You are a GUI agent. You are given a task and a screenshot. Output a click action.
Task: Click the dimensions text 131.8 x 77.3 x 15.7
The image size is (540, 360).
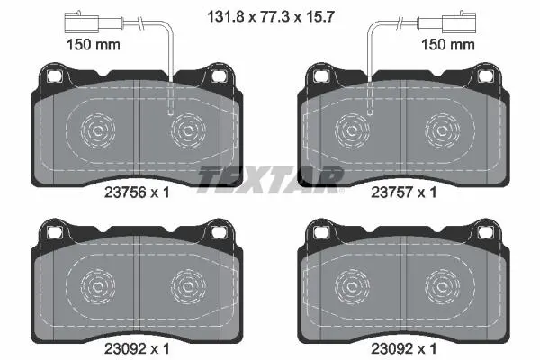point(271,16)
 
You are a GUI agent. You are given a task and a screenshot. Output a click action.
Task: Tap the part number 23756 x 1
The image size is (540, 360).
point(137,193)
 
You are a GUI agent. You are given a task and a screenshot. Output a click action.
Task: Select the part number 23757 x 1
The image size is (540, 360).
point(403,193)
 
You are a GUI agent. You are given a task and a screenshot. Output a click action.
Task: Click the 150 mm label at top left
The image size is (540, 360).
point(94,45)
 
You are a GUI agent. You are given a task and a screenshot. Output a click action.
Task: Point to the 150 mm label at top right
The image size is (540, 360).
point(448,45)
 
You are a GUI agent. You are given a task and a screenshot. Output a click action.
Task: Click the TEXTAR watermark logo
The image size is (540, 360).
point(270,180)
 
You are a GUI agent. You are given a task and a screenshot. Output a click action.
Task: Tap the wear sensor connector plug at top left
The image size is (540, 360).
point(82,22)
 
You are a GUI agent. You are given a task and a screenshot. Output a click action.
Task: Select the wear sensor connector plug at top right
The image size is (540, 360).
point(459,22)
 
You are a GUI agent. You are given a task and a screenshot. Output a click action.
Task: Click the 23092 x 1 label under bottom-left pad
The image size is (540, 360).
point(137,348)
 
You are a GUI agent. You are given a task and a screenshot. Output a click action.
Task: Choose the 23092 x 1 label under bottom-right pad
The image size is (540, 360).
point(403,348)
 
